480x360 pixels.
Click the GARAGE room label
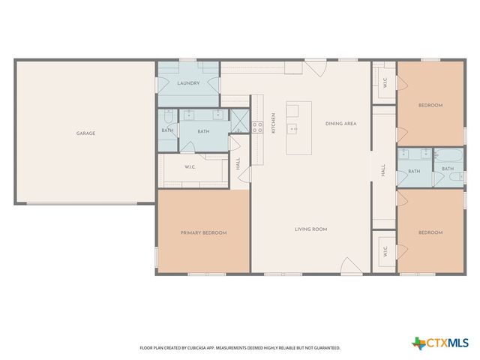click(85, 133)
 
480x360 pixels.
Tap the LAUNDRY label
click(188, 83)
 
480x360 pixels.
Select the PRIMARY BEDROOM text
click(203, 232)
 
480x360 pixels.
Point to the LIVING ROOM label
click(310, 229)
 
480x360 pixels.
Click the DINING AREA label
click(340, 123)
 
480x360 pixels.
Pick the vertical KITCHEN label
click(274, 123)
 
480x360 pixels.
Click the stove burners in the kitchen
click(257, 127)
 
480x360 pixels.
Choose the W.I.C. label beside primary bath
click(190, 167)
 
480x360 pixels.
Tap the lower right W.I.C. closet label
click(385, 252)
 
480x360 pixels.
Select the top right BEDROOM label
click(430, 105)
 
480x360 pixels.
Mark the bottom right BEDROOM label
click(430, 232)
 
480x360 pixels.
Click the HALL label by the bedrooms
click(382, 171)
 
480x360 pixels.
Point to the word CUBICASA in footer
click(194, 348)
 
